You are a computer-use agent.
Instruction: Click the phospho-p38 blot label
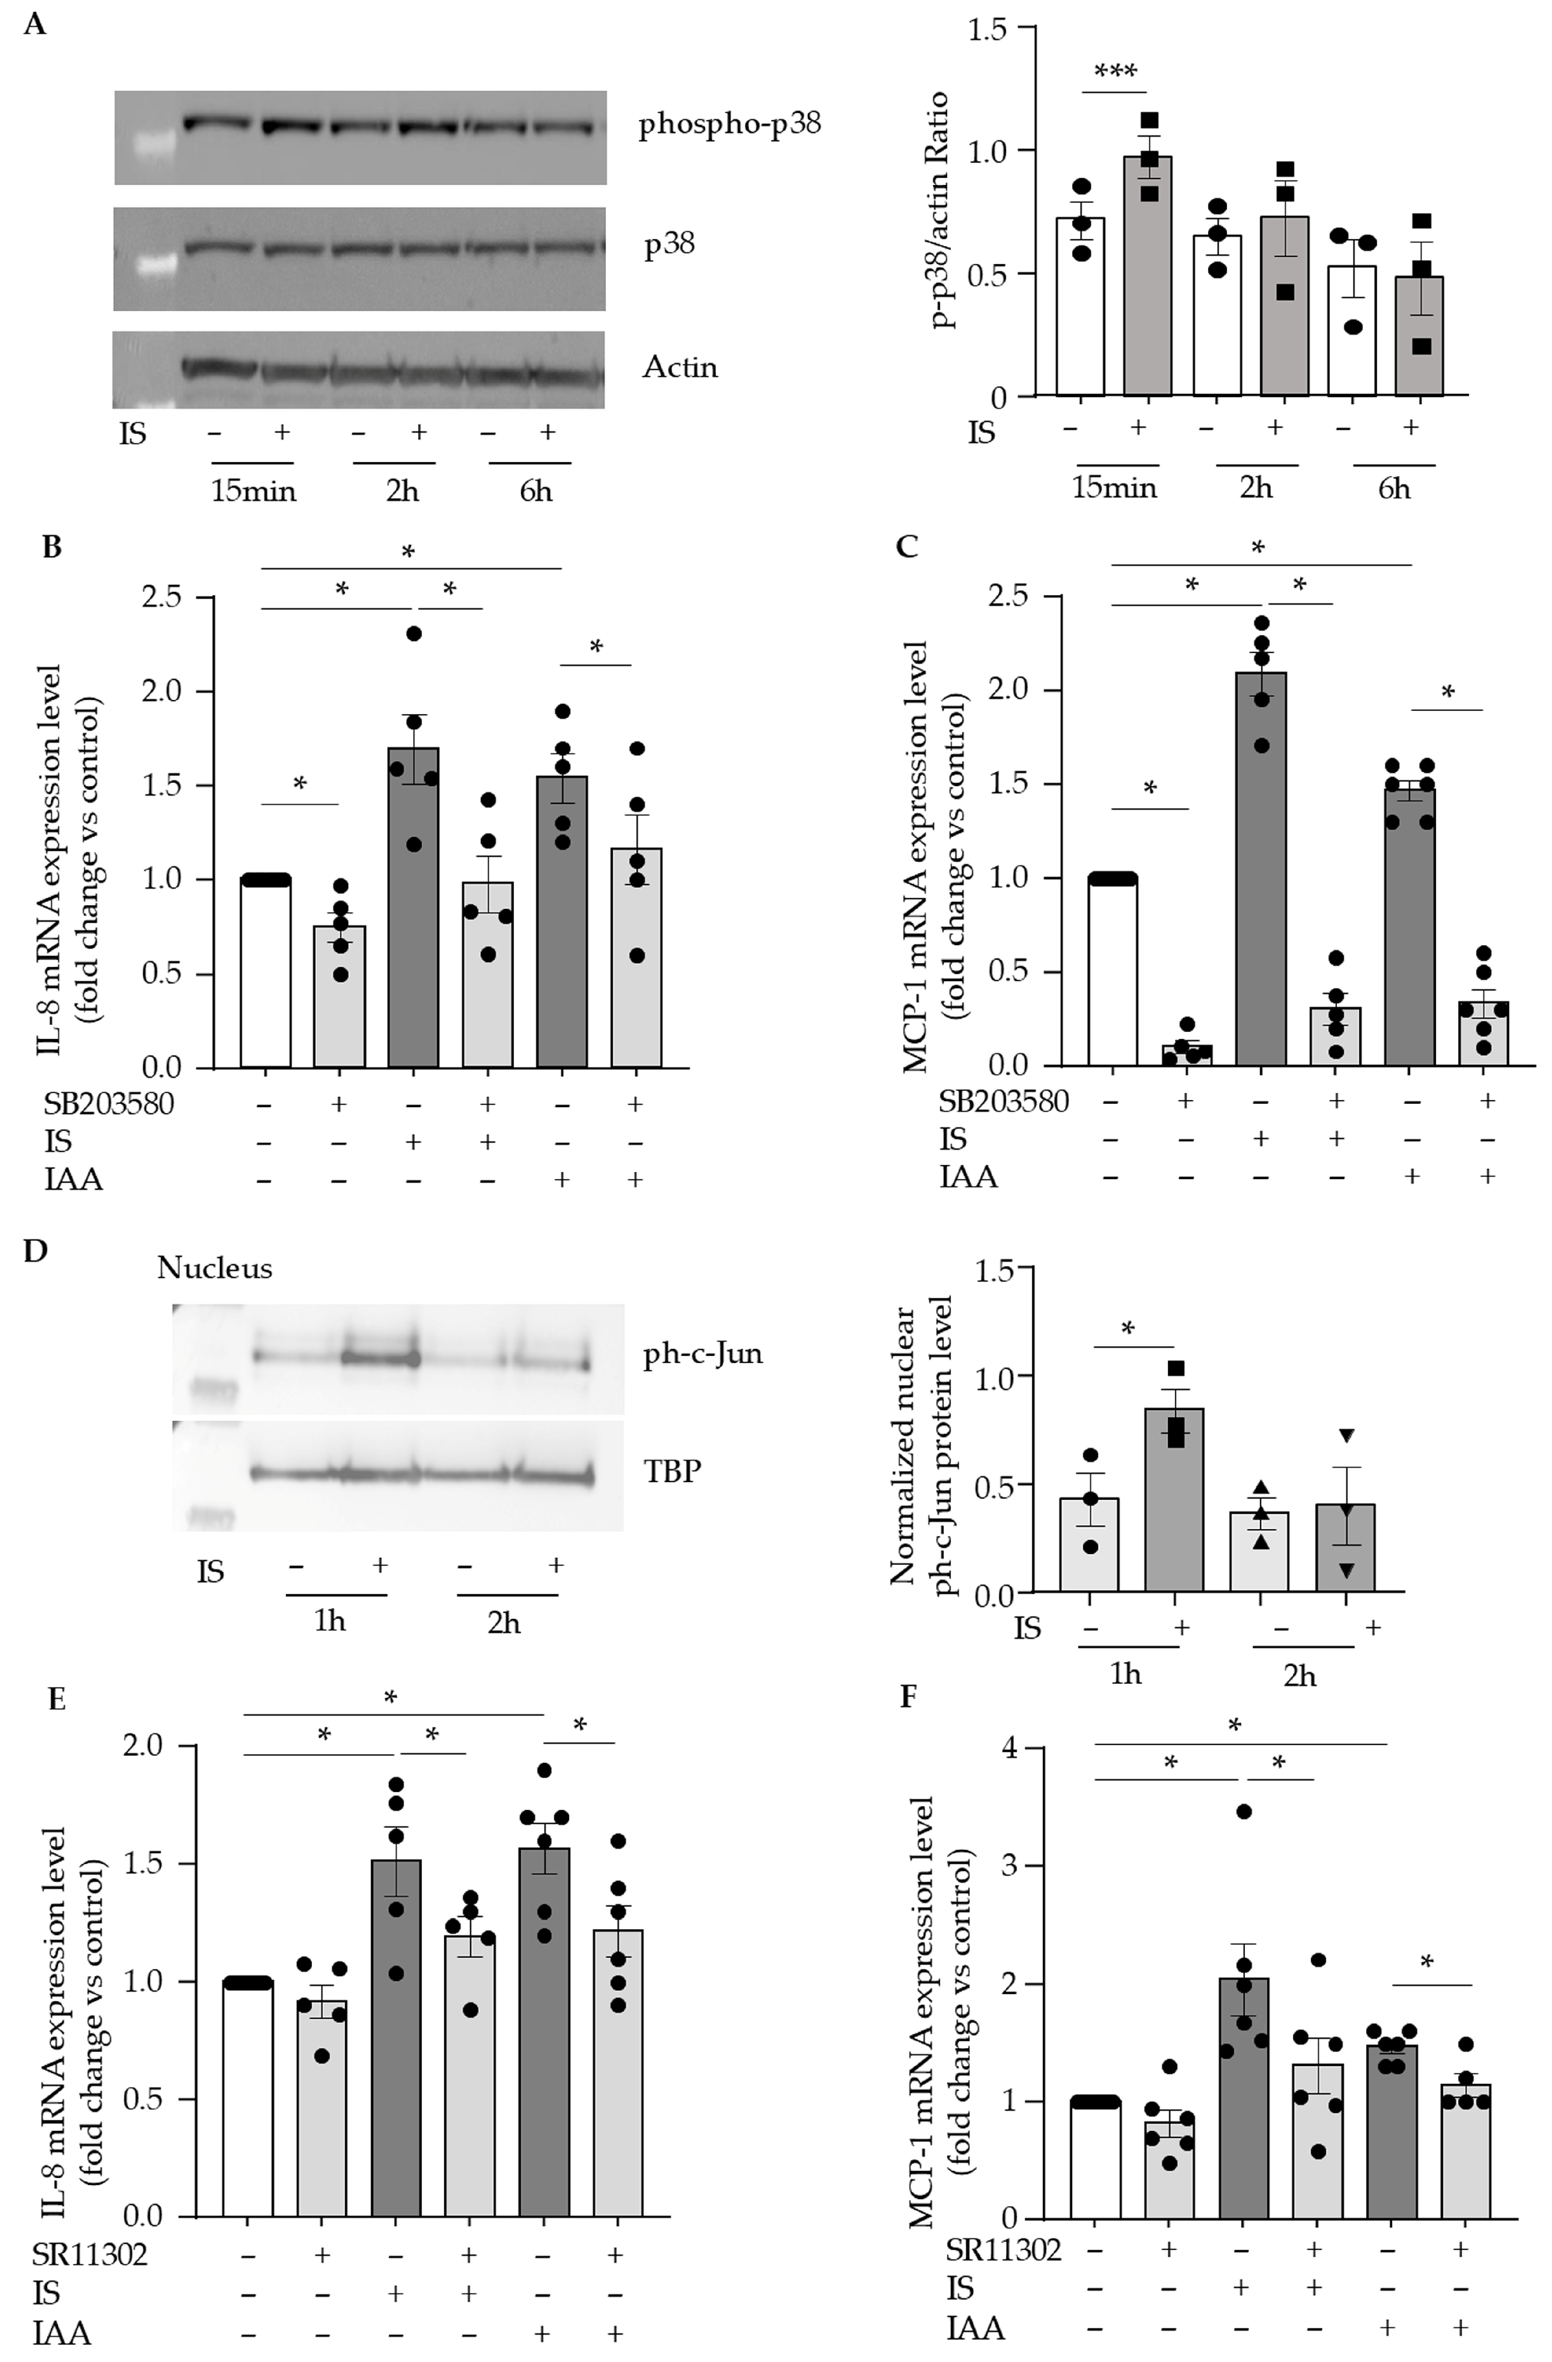(x=729, y=125)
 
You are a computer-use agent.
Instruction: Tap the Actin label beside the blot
(x=680, y=367)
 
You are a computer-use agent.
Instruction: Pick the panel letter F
(x=907, y=1696)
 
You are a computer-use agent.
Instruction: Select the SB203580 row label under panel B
(x=109, y=1103)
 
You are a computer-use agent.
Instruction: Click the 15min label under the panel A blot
(x=253, y=490)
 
